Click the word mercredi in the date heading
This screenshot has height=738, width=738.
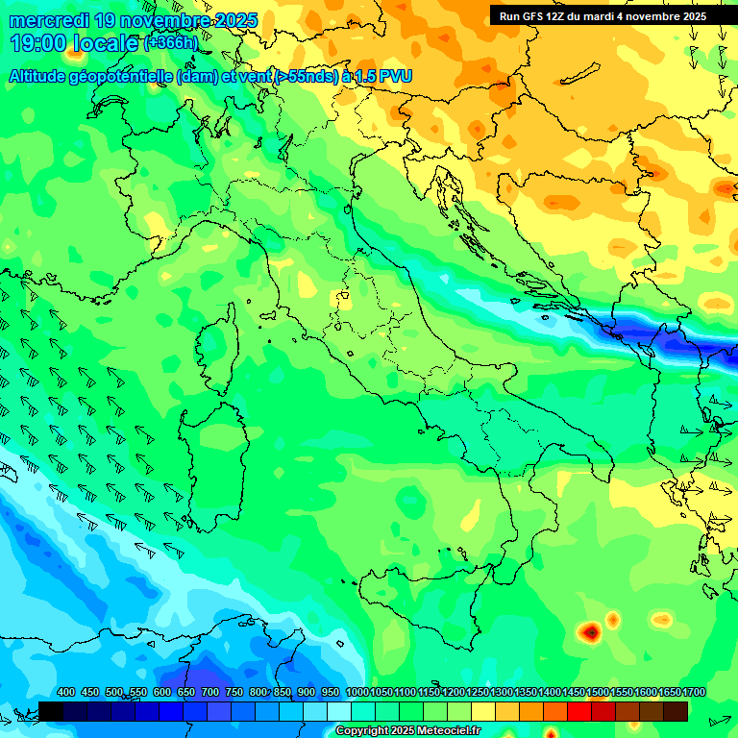[49, 20]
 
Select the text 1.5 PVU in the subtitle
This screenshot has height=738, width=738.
[384, 77]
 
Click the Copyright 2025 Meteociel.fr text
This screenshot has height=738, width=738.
[407, 731]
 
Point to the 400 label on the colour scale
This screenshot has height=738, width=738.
[66, 693]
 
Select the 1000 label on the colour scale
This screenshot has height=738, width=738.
[357, 693]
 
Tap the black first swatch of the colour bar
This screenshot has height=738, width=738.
[51, 711]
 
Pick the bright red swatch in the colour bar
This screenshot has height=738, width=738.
[579, 711]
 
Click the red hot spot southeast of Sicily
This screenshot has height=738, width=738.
[589, 631]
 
